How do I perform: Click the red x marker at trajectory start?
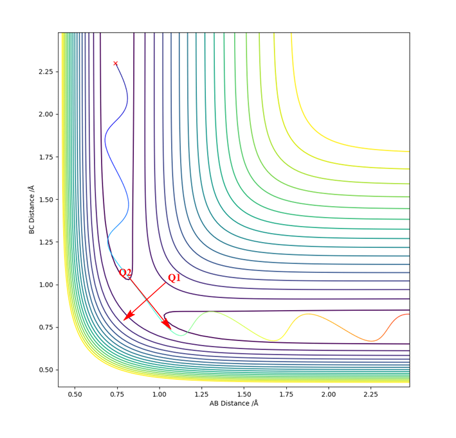(116, 63)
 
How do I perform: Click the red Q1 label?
(174, 278)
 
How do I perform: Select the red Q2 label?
(125, 273)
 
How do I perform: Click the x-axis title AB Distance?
(233, 403)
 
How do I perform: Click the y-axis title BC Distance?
(32, 209)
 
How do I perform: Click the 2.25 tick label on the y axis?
(45, 71)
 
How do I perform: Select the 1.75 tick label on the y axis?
(45, 157)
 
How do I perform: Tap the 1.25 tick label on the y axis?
(45, 242)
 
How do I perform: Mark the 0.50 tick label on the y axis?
(45, 370)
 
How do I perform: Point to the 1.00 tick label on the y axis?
(45, 285)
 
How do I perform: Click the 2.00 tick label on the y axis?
(45, 114)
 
